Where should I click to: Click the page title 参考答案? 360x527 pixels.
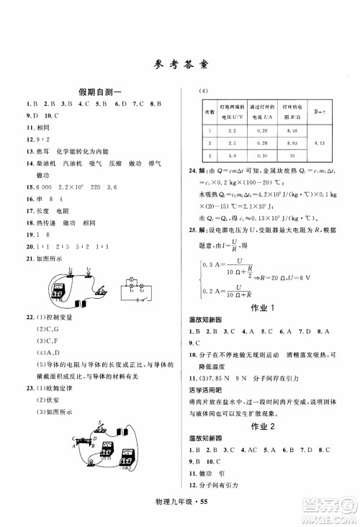click(x=181, y=63)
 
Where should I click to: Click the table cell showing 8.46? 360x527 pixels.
click(x=292, y=130)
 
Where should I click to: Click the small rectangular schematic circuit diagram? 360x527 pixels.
click(x=136, y=287)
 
